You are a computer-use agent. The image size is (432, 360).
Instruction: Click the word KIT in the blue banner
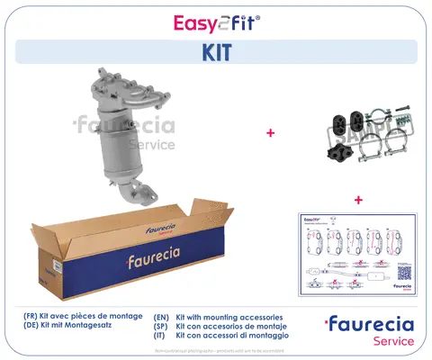(216, 52)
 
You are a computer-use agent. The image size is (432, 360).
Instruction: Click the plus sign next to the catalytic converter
(270, 133)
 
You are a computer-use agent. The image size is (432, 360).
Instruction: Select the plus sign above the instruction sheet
(358, 199)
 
